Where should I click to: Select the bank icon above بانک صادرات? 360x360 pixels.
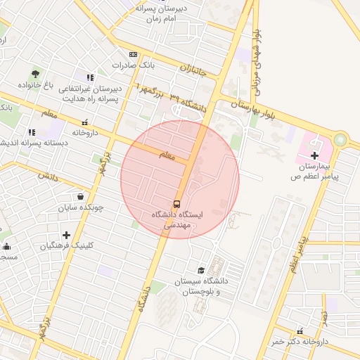click(x=133, y=55)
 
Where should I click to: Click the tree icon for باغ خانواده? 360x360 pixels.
click(x=35, y=73)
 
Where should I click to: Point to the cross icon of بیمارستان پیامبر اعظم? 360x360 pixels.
click(x=314, y=155)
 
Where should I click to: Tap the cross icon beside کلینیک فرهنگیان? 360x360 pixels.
click(x=66, y=235)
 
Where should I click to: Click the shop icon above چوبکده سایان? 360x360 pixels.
click(x=81, y=197)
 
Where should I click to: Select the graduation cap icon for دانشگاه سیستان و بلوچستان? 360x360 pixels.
click(x=202, y=271)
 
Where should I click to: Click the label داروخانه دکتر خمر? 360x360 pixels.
click(x=301, y=342)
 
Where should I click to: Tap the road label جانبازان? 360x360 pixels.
click(x=194, y=69)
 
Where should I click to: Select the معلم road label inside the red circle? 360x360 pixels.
click(x=166, y=156)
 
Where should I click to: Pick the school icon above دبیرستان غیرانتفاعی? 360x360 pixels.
click(x=89, y=77)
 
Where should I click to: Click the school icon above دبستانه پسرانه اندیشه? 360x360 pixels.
click(x=32, y=131)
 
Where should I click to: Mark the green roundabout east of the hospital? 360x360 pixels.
click(x=342, y=140)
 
